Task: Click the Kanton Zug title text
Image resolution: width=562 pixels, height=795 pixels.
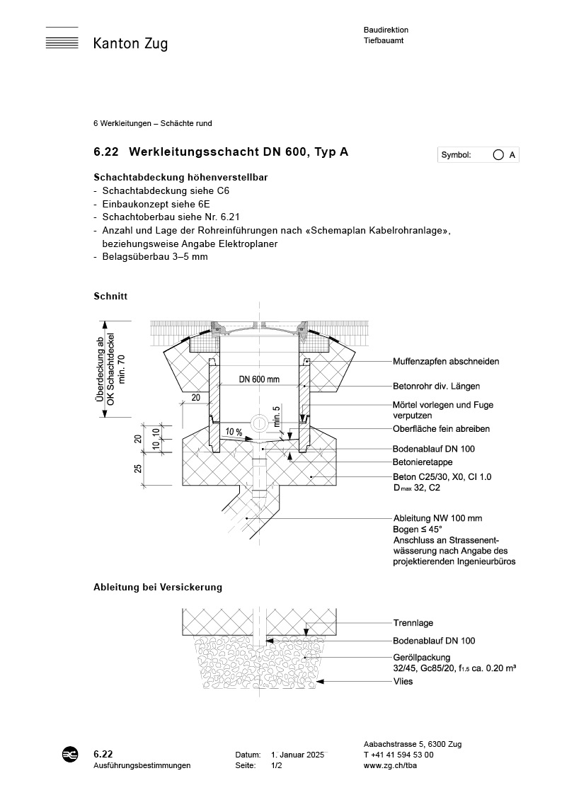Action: click(x=130, y=45)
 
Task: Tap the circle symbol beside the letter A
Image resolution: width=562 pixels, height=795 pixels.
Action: click(x=498, y=155)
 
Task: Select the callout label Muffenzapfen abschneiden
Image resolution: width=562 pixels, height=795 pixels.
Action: click(x=446, y=362)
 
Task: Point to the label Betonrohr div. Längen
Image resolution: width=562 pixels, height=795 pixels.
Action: click(x=436, y=387)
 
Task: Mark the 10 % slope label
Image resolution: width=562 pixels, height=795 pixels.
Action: click(x=234, y=432)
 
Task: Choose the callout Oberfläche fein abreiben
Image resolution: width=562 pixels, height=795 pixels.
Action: click(x=441, y=429)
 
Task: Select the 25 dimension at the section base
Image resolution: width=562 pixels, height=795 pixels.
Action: click(x=139, y=468)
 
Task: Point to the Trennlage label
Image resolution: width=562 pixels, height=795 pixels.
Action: click(x=413, y=624)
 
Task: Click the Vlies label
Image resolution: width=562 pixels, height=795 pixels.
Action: click(x=403, y=682)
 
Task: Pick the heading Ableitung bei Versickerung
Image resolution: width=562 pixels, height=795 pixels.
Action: click(x=158, y=588)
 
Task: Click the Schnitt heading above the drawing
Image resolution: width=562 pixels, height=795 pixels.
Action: click(x=110, y=295)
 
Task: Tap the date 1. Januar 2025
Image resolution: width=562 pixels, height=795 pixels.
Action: click(x=298, y=755)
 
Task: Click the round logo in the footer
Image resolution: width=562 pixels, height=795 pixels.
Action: click(x=71, y=755)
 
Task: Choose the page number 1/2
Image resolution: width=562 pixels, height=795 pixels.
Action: click(x=277, y=766)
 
